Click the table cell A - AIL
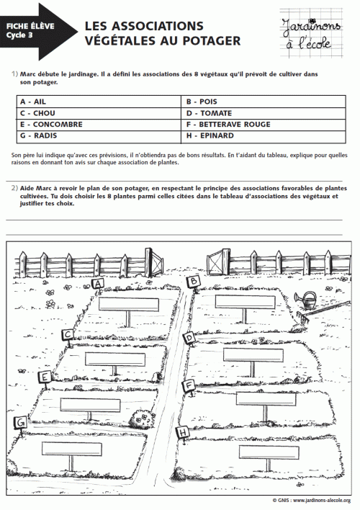pos(97,102)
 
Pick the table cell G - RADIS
pos(97,135)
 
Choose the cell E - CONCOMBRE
pos(97,124)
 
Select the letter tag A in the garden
pos(99,284)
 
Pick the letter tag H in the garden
pos(184,431)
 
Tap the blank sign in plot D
pos(253,354)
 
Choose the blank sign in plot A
pos(128,303)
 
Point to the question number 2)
pos(14,188)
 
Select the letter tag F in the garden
pos(189,385)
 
